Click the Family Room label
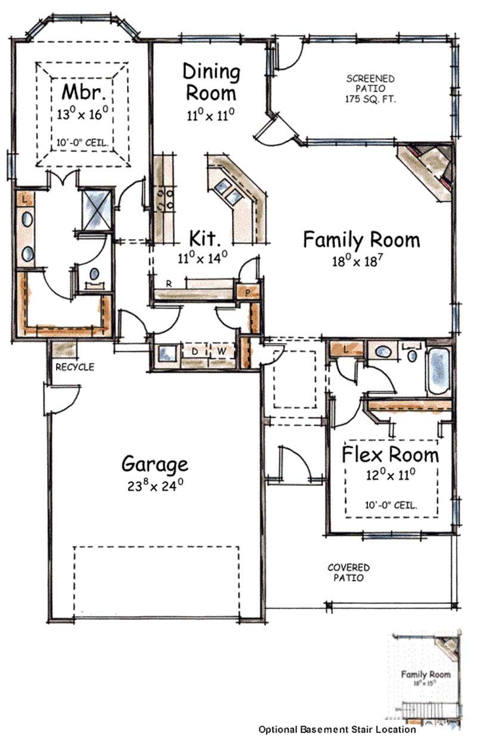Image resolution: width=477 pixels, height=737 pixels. click(361, 240)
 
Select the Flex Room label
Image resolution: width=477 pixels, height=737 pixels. click(390, 454)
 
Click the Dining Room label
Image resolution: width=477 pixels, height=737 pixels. click(210, 82)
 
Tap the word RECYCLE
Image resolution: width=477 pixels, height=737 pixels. click(75, 367)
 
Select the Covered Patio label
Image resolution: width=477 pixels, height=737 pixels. click(349, 572)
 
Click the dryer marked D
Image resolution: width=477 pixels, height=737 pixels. click(194, 351)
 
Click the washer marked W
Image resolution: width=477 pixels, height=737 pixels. click(221, 351)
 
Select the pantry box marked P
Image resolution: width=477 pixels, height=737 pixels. click(249, 292)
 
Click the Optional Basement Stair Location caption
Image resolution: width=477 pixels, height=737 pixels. click(337, 729)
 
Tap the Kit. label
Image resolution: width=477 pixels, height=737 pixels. click(206, 239)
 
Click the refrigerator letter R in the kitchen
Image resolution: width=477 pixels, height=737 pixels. click(169, 284)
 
